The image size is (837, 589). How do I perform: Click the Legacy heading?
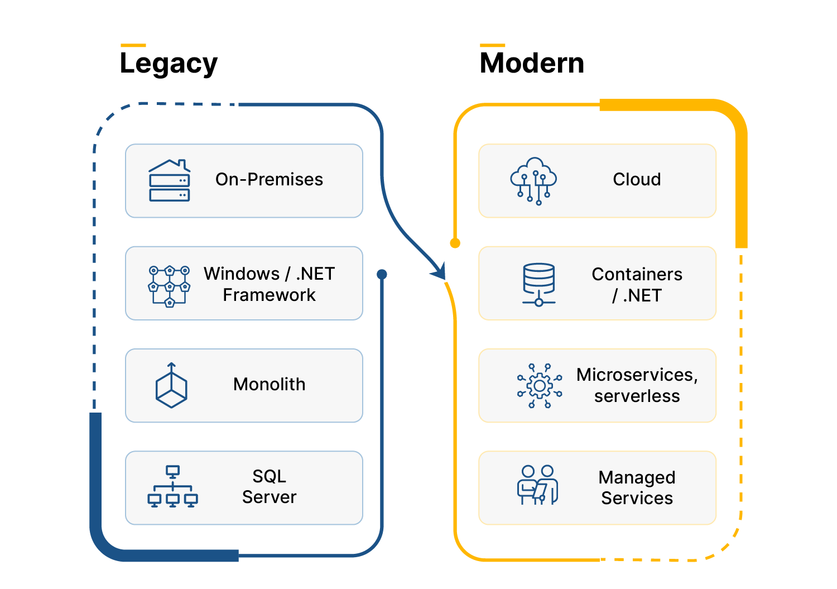click(x=169, y=64)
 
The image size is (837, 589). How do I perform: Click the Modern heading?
click(x=532, y=63)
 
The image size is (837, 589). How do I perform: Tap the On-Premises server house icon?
click(x=170, y=180)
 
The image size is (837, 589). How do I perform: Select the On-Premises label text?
click(x=269, y=179)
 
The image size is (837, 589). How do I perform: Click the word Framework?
click(x=269, y=295)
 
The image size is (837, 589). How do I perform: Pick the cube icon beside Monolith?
click(x=171, y=385)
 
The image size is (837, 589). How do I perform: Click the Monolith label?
click(x=269, y=384)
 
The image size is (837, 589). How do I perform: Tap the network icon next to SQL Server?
click(x=172, y=487)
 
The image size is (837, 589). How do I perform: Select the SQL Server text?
click(x=269, y=486)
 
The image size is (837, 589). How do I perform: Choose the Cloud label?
click(x=637, y=179)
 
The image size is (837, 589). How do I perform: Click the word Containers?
click(x=637, y=274)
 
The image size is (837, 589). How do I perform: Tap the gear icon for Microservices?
click(x=539, y=386)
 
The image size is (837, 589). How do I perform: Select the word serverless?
click(x=637, y=396)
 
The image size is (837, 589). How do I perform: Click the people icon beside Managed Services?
click(x=537, y=485)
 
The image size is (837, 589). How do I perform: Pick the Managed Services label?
click(x=637, y=487)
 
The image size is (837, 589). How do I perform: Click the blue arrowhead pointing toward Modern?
click(x=440, y=272)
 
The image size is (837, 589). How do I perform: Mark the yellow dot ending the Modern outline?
click(x=455, y=243)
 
